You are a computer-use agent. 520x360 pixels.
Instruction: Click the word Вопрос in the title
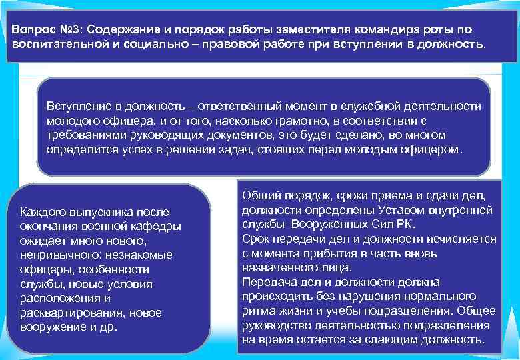coord(32,30)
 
